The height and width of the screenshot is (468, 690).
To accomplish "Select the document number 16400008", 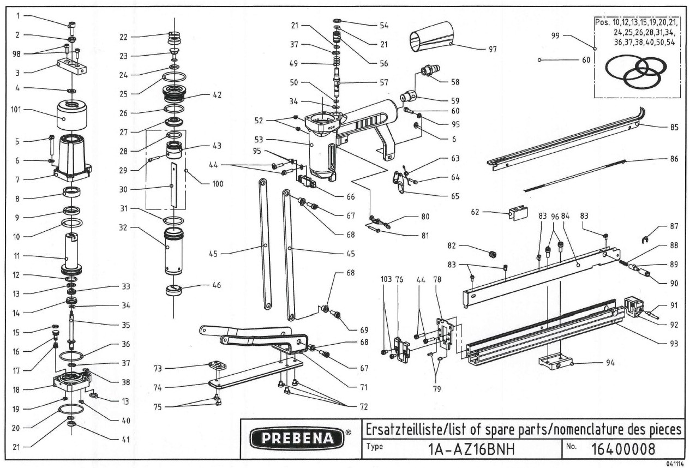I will click(x=624, y=449).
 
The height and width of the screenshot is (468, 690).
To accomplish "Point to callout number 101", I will click(x=16, y=109).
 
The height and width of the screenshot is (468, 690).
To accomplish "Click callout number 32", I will click(x=125, y=227).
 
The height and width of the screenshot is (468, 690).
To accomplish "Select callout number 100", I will click(x=202, y=184).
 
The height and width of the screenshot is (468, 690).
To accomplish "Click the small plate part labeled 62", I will click(x=518, y=213).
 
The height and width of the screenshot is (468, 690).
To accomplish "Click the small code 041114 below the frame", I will click(x=675, y=464).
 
